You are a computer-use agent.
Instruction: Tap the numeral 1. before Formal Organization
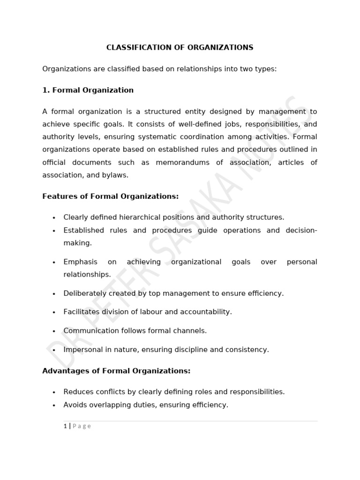(46, 90)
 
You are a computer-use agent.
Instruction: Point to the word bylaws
(116, 175)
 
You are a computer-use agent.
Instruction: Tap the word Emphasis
(80, 262)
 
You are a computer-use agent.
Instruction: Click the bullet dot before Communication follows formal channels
(54, 331)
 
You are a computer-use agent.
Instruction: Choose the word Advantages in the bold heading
(63, 371)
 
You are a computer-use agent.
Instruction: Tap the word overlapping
(110, 405)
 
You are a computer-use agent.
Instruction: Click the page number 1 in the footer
(65, 426)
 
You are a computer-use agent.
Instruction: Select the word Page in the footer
(82, 426)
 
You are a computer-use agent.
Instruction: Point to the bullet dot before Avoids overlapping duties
(54, 405)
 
